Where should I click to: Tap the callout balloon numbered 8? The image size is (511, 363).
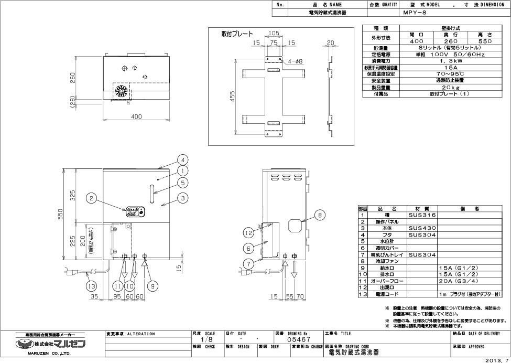click(320, 213)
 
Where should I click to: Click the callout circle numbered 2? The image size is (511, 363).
click(92, 198)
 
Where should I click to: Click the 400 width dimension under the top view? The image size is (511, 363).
click(137, 117)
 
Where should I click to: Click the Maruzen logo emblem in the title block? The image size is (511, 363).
click(23, 344)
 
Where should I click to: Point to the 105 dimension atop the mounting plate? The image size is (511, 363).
click(274, 34)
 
